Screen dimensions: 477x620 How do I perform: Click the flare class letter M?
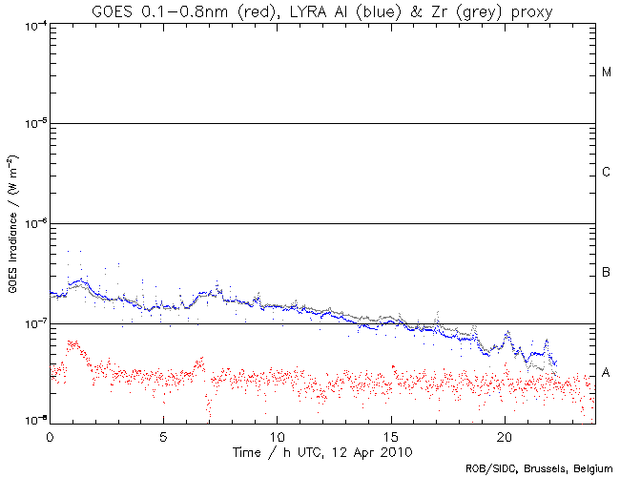(x=606, y=73)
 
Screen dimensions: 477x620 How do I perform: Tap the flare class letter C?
(x=606, y=173)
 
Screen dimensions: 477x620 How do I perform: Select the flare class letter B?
(x=606, y=274)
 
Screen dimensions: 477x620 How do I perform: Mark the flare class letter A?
(x=606, y=372)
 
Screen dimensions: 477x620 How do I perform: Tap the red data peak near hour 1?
(x=72, y=342)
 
